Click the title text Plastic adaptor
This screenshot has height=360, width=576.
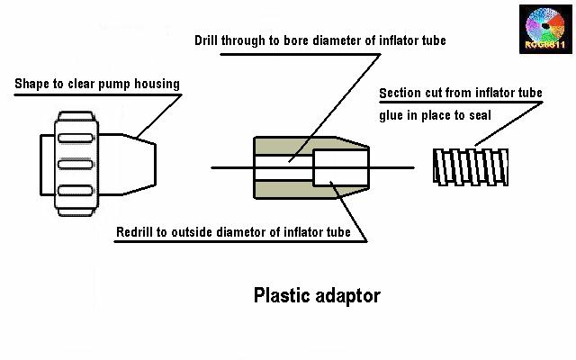(x=318, y=294)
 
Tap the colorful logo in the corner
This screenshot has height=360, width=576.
(x=545, y=29)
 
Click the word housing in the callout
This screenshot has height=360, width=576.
(x=157, y=85)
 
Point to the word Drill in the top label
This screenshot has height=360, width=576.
(x=210, y=40)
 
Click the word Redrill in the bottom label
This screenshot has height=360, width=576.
(x=139, y=232)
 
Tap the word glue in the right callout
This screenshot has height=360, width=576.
(x=393, y=114)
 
